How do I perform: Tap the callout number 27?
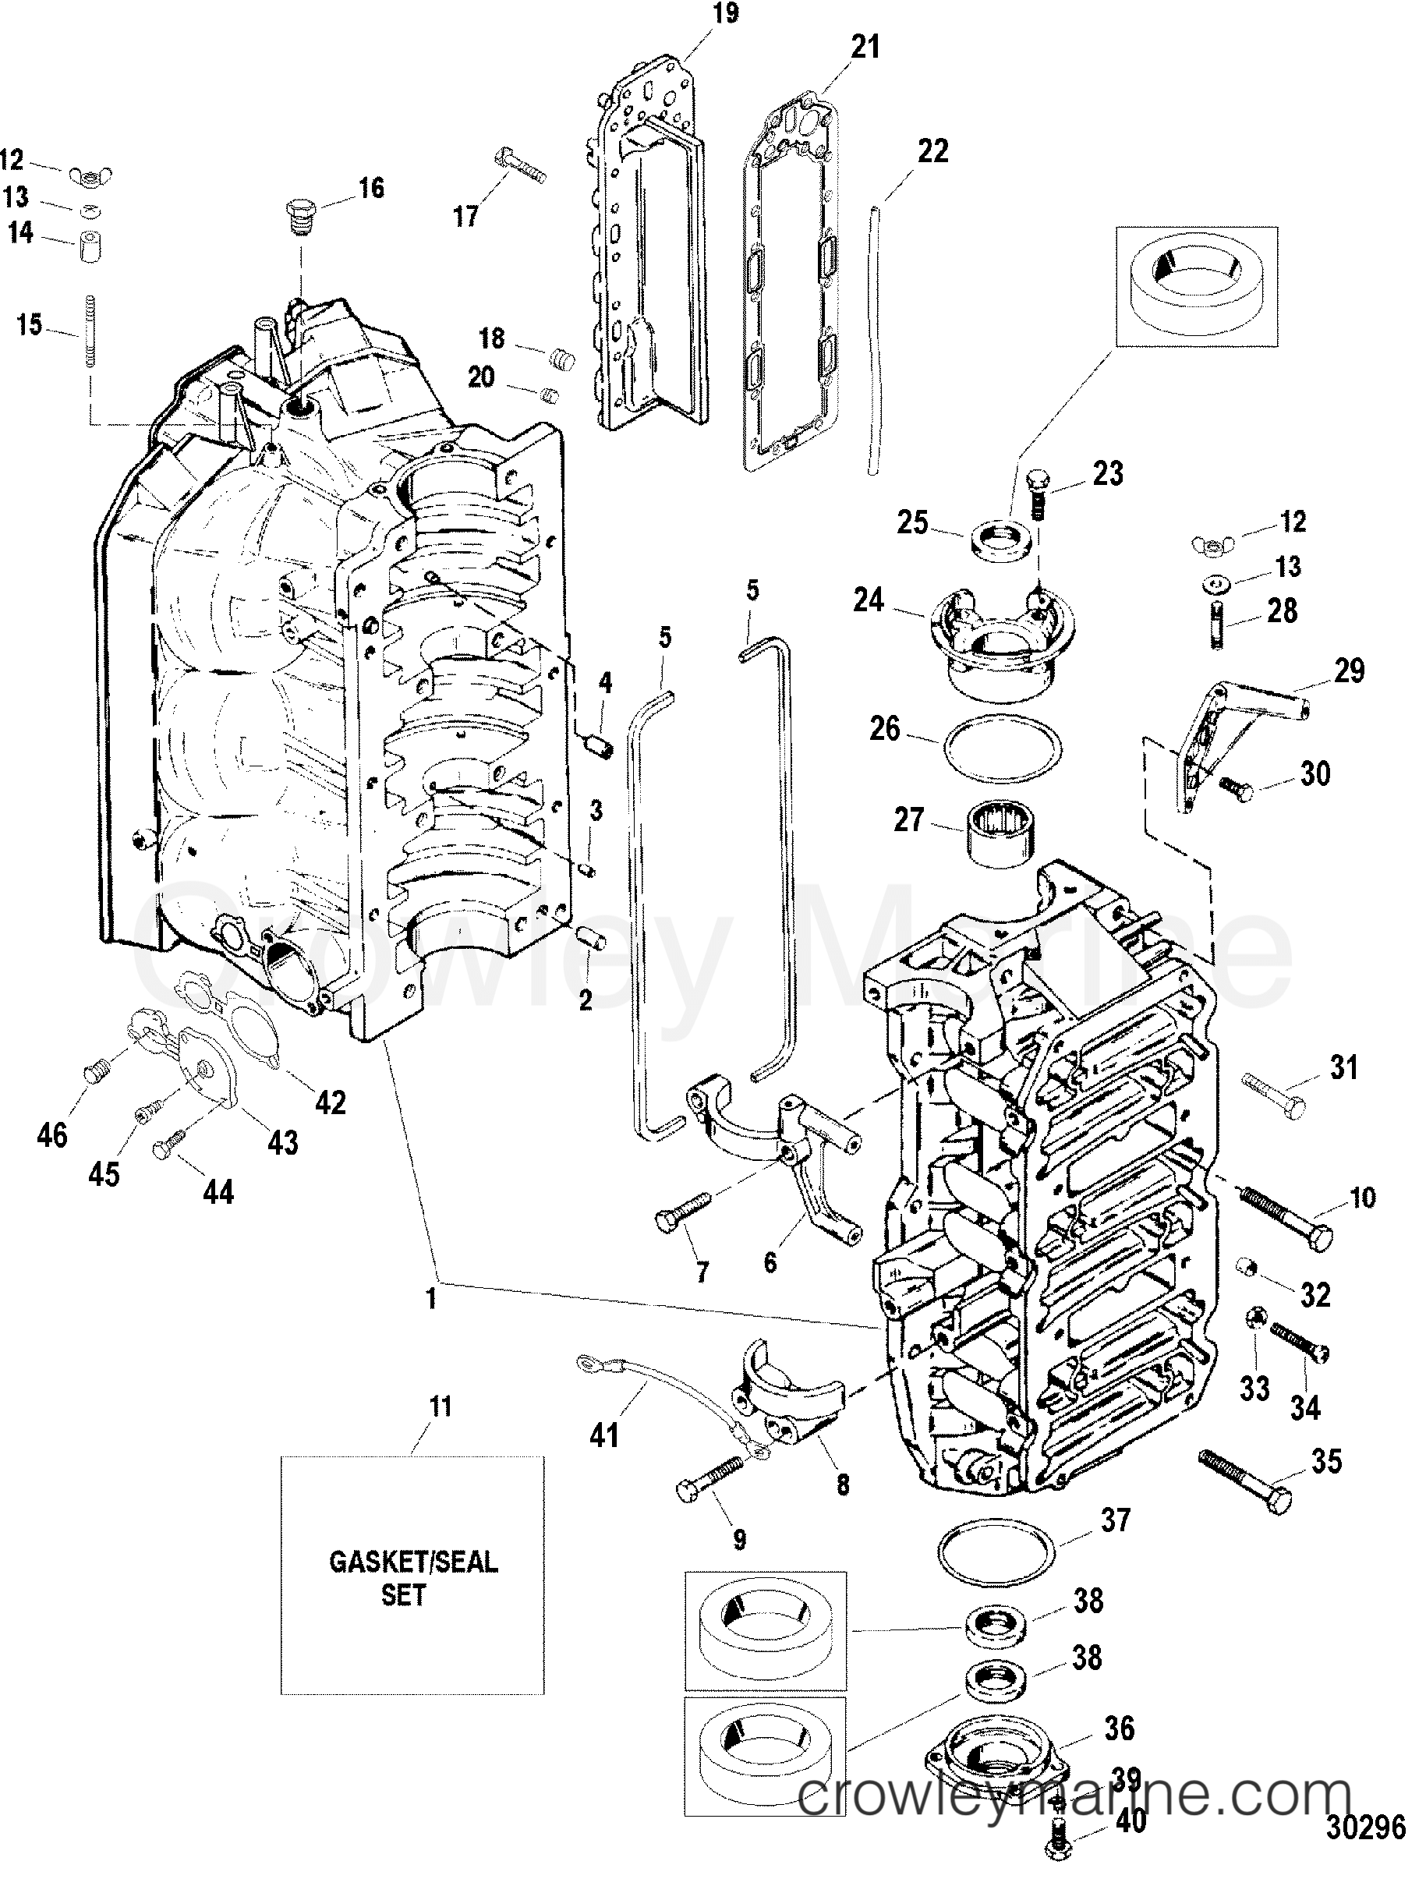(x=909, y=821)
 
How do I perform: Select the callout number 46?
(x=52, y=1135)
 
